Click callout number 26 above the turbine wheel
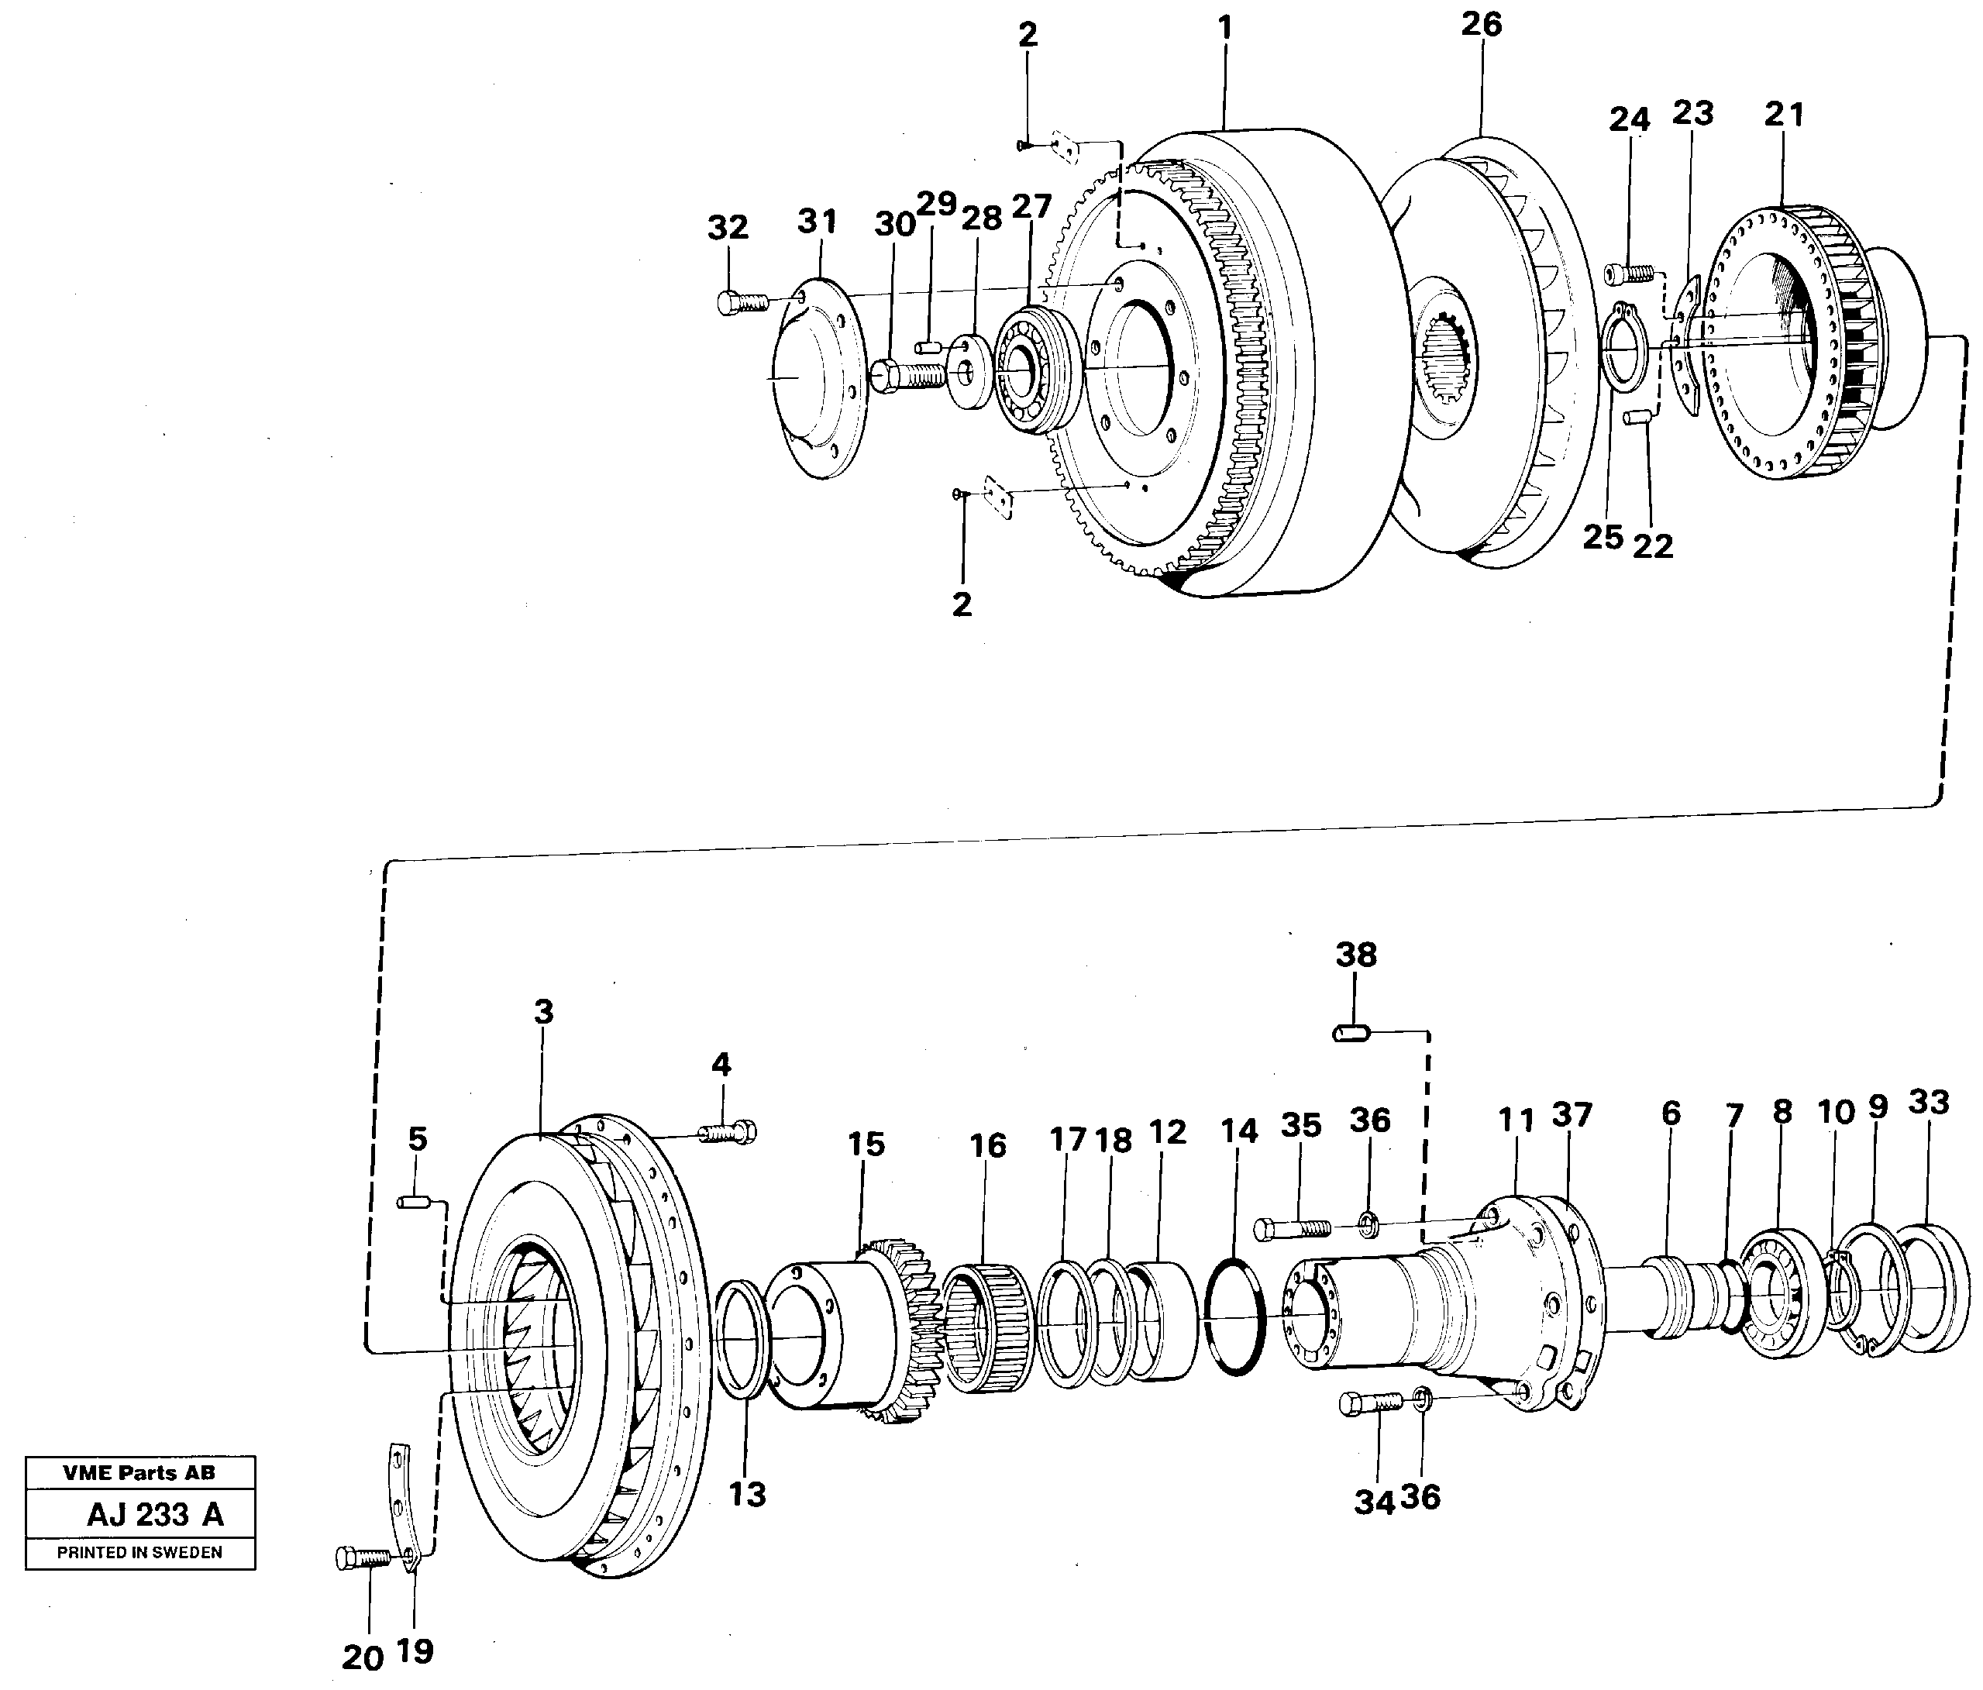click(x=1481, y=25)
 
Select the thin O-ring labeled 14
click(x=1235, y=1316)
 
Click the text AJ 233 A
click(x=155, y=1515)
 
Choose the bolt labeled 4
click(x=728, y=1133)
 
